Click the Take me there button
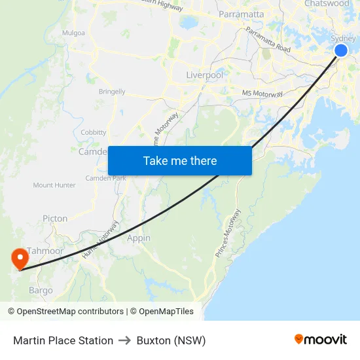(x=180, y=160)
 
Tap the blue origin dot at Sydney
(x=341, y=50)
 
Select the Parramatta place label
(x=242, y=14)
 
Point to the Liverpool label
(x=204, y=75)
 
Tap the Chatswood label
(x=327, y=4)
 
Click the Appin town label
(x=139, y=238)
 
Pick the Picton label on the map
(x=55, y=219)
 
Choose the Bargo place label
(x=41, y=290)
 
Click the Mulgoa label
(x=73, y=32)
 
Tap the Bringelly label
(x=112, y=92)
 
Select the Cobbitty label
(x=93, y=132)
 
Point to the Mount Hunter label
(x=54, y=185)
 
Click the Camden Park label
(x=105, y=178)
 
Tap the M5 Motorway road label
(x=262, y=94)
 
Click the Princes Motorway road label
(x=228, y=233)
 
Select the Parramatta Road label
(x=268, y=39)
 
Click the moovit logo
(x=321, y=340)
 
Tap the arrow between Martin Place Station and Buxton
(x=125, y=340)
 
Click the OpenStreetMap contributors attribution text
(x=70, y=312)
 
